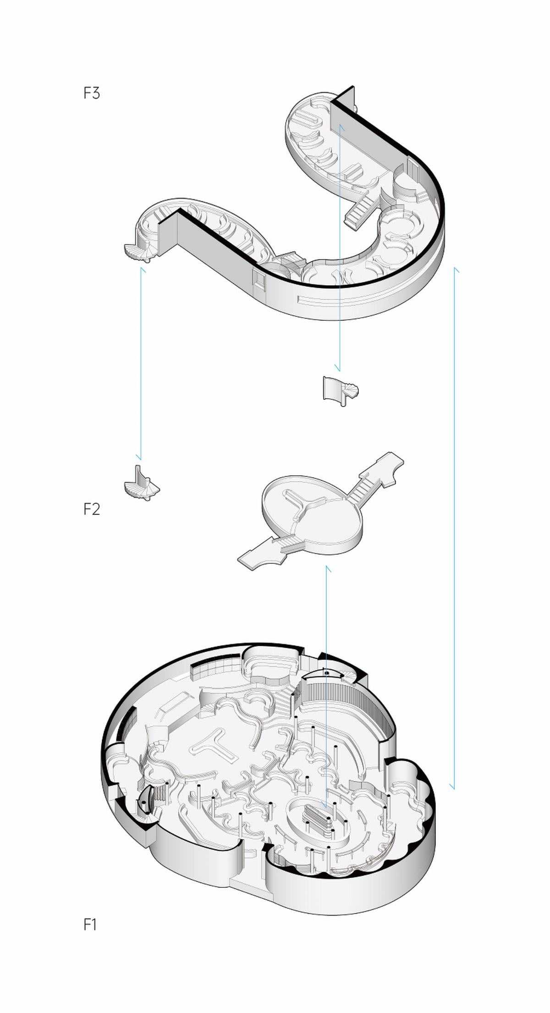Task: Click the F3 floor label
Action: (x=92, y=94)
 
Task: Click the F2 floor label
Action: (x=92, y=509)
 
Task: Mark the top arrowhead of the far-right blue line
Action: (x=456, y=270)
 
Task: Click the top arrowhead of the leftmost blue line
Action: (x=143, y=271)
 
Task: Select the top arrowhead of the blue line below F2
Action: (x=327, y=569)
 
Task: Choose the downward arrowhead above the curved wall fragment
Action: (x=338, y=368)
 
